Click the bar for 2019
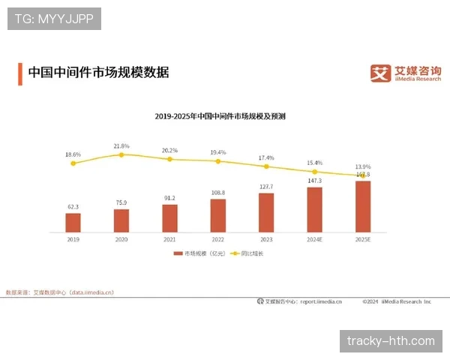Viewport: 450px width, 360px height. pyautogui.click(x=73, y=223)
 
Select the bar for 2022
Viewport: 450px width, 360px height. pyautogui.click(x=218, y=215)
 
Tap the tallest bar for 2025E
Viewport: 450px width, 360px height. pyautogui.click(x=363, y=206)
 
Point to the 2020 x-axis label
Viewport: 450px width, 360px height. pyautogui.click(x=121, y=238)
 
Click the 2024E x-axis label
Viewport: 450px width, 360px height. pyautogui.click(x=315, y=238)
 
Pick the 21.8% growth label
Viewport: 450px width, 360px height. pyautogui.click(x=121, y=145)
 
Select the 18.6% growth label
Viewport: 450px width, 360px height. pyautogui.click(x=73, y=154)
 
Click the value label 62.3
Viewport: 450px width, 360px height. pyautogui.click(x=73, y=206)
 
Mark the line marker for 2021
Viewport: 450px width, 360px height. pyautogui.click(x=169, y=159)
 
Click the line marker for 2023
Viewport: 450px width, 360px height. pyautogui.click(x=266, y=166)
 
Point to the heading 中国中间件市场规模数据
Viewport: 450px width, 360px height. pyautogui.click(x=98, y=73)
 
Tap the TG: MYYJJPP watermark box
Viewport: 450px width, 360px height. pyautogui.click(x=54, y=18)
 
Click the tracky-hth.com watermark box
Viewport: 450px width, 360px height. pyautogui.click(x=391, y=341)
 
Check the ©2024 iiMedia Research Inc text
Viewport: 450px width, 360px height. pyautogui.click(x=397, y=301)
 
